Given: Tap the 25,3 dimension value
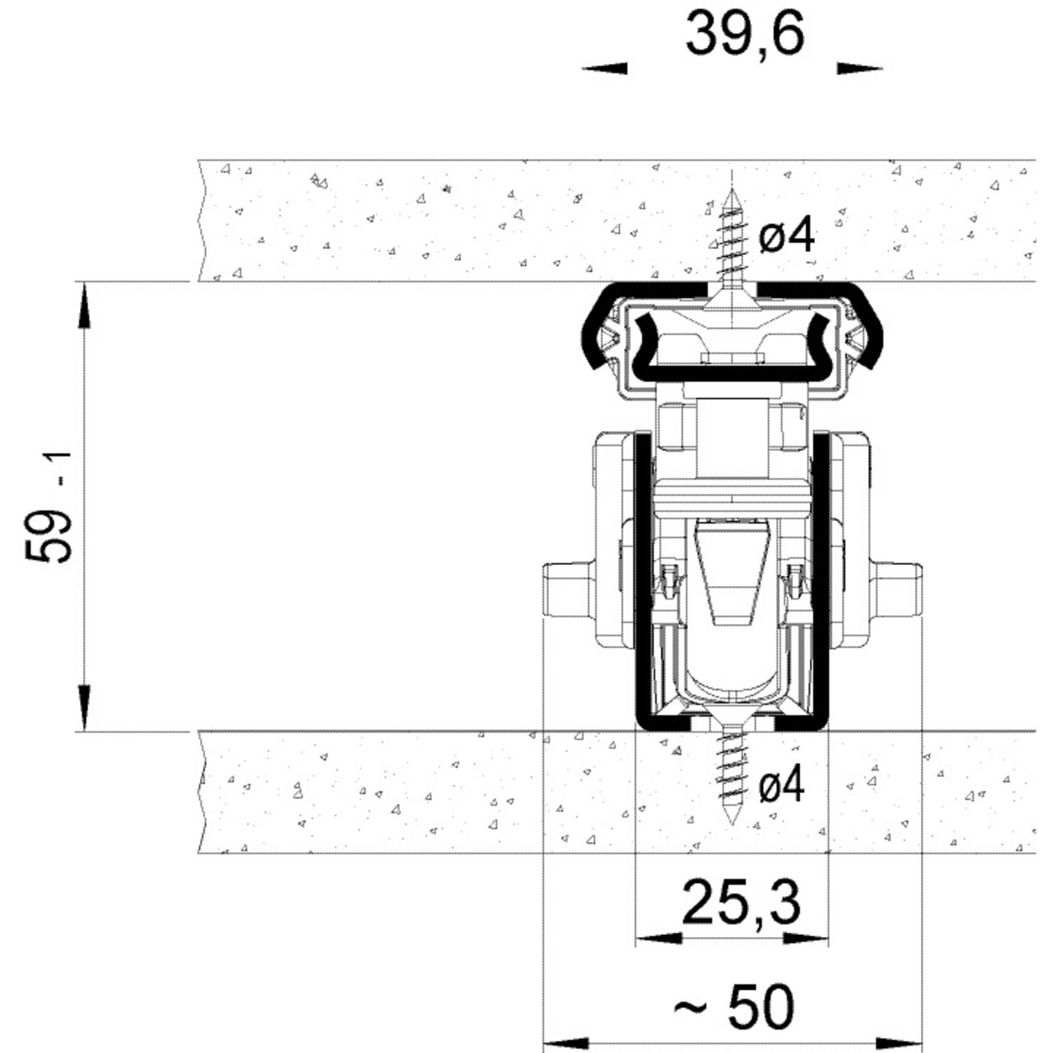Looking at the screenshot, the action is [x=741, y=904].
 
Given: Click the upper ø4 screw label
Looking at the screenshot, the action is [x=787, y=234].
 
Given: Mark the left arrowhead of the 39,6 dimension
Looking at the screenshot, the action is [x=604, y=68].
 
